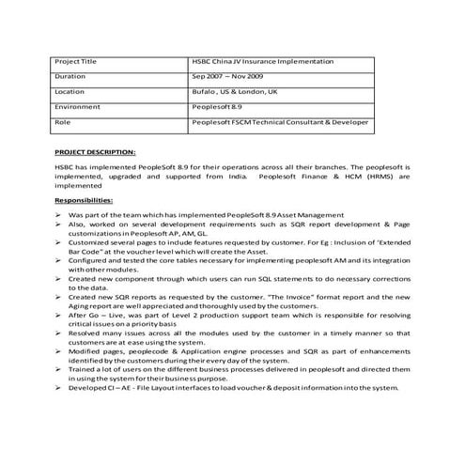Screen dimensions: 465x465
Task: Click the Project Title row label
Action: [76, 61]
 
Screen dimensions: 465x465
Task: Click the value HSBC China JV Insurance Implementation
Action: [262, 61]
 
